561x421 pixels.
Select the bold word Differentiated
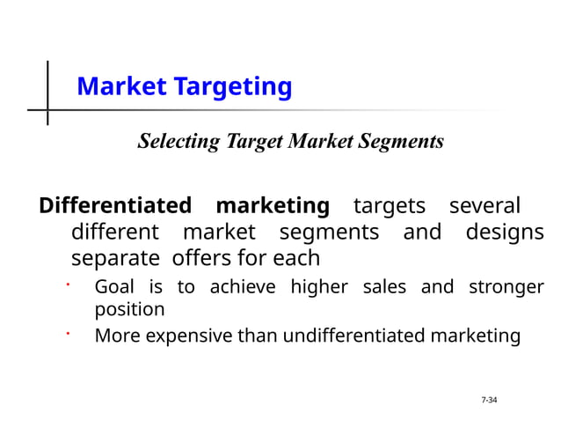click(115, 206)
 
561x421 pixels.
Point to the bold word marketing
click(273, 206)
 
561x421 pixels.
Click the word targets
click(389, 206)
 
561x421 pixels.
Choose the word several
click(485, 206)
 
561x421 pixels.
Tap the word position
click(129, 310)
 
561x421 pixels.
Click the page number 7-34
click(489, 401)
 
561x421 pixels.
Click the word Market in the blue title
click(121, 87)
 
